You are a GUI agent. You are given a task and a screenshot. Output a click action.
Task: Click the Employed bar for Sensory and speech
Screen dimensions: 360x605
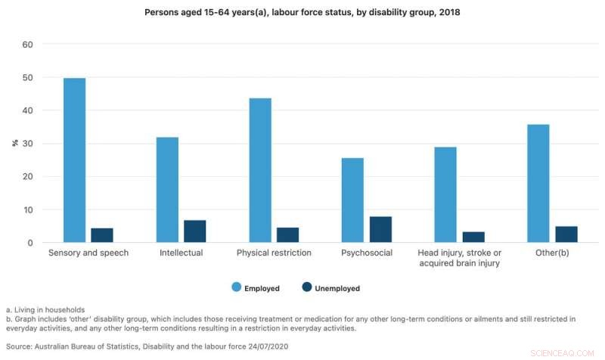[x=74, y=160]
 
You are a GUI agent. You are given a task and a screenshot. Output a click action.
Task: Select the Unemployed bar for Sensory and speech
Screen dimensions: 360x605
[x=102, y=235]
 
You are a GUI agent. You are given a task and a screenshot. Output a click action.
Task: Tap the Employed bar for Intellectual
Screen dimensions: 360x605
[x=167, y=190]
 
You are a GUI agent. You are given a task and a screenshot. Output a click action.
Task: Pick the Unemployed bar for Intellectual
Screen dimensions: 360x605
[x=195, y=231]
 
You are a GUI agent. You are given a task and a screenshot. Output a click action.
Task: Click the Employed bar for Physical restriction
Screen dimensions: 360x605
[x=260, y=170]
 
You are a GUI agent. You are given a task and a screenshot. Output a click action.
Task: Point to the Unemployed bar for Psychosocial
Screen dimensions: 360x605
[x=380, y=229]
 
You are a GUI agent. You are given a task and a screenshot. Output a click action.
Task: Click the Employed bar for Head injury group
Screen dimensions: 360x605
[x=445, y=194]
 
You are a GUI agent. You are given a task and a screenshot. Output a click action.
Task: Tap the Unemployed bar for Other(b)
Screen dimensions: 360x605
[x=566, y=234]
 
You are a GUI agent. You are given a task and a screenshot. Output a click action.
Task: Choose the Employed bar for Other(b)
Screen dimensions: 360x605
[x=538, y=183]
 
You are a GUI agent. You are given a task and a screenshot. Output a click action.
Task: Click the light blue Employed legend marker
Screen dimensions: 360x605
[x=236, y=287]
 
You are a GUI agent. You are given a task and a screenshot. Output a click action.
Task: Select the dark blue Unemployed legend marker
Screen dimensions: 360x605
[x=307, y=287]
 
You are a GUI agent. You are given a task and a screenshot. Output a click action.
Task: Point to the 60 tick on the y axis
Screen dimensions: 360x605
[x=28, y=45]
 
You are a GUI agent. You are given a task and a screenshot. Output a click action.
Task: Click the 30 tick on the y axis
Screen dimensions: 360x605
[x=28, y=144]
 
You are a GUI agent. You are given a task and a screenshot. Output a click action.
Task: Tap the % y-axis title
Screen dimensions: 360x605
[x=14, y=143]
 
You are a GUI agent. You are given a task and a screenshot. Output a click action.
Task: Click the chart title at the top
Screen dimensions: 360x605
[x=302, y=14]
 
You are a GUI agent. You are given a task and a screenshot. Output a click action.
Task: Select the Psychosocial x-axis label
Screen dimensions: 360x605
[x=367, y=253]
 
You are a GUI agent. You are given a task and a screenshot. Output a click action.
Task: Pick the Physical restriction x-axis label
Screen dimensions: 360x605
[x=274, y=253]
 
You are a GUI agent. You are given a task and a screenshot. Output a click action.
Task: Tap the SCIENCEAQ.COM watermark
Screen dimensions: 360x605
[x=569, y=352]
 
